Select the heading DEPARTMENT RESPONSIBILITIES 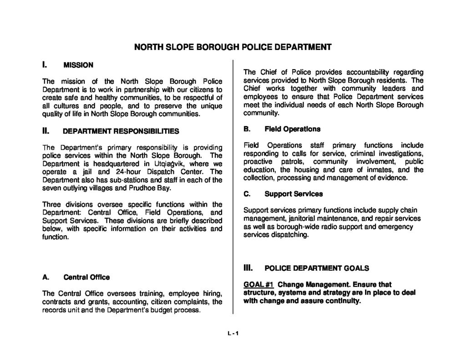pos(121,131)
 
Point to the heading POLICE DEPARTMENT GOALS pos(316,268)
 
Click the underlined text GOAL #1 pos(258,284)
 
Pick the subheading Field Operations pos(288,129)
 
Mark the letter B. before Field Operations pos(247,129)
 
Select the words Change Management pos(309,284)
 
